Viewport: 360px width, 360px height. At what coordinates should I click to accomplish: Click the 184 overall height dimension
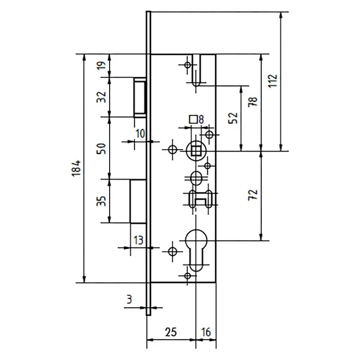pos(77,168)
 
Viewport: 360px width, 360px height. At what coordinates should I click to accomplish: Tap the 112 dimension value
pos(273,81)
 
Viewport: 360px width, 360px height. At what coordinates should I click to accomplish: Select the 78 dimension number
pos(253,102)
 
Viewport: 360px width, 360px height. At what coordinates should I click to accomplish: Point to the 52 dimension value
pos(233,118)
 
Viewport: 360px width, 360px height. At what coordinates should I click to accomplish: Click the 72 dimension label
pos(253,195)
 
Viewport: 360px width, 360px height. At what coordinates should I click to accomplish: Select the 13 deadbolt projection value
pos(139,241)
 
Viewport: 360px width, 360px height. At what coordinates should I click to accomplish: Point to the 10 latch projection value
pos(140,133)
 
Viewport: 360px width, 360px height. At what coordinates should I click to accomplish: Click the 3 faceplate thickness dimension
pos(129,299)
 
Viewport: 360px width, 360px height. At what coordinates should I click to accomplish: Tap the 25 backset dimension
pos(171,332)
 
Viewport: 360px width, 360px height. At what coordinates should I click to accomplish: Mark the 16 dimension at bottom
pos(206,332)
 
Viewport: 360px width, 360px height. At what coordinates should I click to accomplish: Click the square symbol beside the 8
pos(193,119)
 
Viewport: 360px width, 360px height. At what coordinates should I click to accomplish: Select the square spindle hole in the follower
pos(196,151)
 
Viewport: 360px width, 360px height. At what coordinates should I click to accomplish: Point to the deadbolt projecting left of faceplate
pos(138,201)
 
